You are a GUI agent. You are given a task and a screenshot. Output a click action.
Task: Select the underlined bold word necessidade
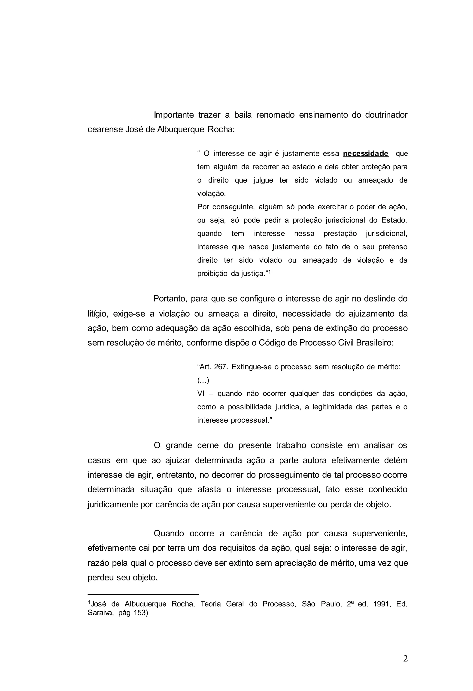pyautogui.click(x=366, y=153)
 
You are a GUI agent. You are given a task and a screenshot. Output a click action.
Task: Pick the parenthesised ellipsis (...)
pyautogui.click(x=203, y=380)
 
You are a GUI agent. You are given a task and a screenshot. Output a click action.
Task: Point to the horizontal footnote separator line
pyautogui.click(x=143, y=594)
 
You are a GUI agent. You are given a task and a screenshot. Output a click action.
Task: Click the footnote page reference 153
pyautogui.click(x=139, y=613)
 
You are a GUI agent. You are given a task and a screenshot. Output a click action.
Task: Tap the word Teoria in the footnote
pyautogui.click(x=210, y=604)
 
